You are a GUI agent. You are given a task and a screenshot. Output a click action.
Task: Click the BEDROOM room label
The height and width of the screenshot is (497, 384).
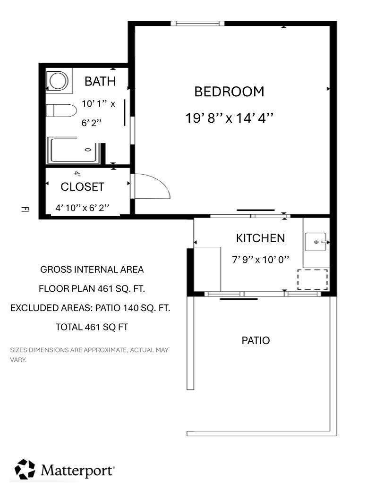click(x=229, y=92)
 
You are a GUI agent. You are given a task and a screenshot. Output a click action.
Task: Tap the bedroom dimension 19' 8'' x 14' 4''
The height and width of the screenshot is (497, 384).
click(x=229, y=118)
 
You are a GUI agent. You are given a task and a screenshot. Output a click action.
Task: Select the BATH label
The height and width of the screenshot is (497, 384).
click(x=100, y=82)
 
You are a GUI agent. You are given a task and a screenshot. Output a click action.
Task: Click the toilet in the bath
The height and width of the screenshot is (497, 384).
click(x=61, y=110)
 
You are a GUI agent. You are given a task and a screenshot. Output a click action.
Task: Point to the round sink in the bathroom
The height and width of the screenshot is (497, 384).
click(x=59, y=81)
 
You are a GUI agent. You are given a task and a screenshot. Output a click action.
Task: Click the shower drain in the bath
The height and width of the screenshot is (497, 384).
click(x=88, y=150)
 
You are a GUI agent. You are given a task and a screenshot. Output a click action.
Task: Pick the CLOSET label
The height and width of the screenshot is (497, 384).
click(x=83, y=187)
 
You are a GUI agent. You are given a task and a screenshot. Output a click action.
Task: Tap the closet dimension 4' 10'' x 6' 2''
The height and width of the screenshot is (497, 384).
click(x=83, y=208)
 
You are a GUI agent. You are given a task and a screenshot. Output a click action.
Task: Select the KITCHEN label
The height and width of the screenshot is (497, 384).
click(x=260, y=238)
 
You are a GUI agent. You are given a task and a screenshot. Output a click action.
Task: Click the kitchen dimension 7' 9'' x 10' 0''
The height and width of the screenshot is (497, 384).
click(x=261, y=260)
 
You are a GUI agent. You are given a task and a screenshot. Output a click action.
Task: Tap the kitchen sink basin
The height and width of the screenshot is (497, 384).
click(x=316, y=242)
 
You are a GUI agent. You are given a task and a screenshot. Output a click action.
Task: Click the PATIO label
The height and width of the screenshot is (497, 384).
click(x=256, y=340)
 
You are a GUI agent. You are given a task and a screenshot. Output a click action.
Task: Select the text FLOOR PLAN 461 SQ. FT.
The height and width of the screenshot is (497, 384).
click(x=92, y=289)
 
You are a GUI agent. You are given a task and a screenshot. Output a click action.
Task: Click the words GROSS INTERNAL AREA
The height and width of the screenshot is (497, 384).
click(x=92, y=270)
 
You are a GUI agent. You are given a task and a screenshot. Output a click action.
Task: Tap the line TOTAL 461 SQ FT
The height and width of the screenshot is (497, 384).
click(x=92, y=327)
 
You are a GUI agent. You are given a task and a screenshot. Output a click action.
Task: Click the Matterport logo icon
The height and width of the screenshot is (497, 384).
click(x=25, y=469)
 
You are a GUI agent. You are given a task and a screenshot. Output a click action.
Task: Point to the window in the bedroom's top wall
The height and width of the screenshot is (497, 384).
click(x=197, y=23)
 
